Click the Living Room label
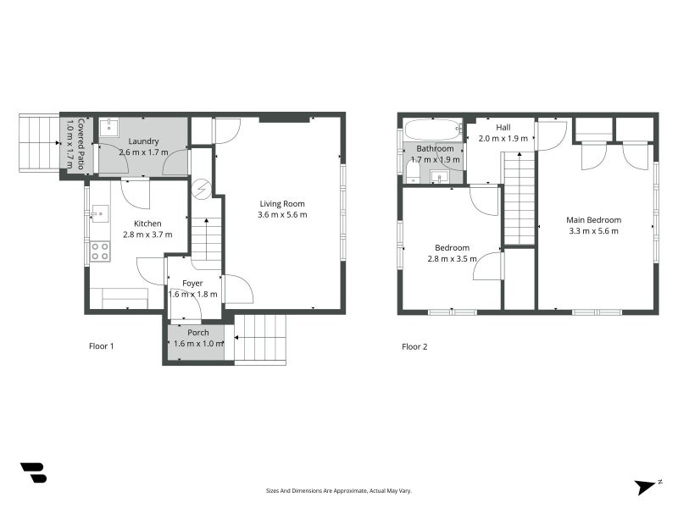(282, 203)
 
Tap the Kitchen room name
(147, 224)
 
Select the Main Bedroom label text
(594, 220)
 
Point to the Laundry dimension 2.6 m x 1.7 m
(143, 152)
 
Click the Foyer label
(192, 284)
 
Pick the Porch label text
(198, 333)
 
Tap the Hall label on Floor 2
(503, 128)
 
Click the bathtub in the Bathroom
(434, 129)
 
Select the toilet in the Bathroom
(414, 174)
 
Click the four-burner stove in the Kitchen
(100, 251)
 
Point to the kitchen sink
(100, 214)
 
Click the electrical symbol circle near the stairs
(202, 189)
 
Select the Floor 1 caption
(101, 346)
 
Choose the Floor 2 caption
(414, 346)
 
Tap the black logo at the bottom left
(33, 472)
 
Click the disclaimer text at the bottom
(338, 491)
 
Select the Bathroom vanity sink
(440, 177)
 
